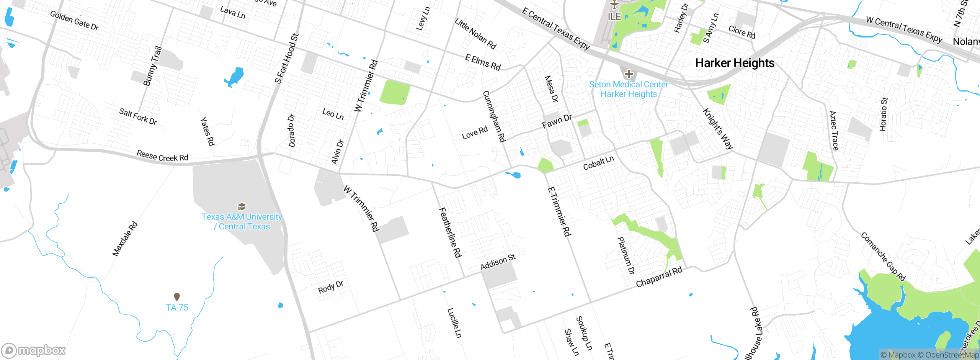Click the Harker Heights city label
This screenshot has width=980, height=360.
[x=735, y=63]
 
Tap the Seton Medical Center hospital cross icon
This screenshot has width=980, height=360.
[x=629, y=74]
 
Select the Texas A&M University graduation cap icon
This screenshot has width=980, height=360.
[x=242, y=207]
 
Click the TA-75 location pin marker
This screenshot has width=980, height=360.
[x=177, y=297]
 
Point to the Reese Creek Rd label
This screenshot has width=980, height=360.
[x=162, y=156]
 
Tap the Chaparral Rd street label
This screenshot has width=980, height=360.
[x=659, y=277]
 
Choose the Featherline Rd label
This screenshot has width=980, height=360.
[x=450, y=232]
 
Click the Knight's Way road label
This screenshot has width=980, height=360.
[x=718, y=129]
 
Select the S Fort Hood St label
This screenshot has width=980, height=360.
[x=286, y=59]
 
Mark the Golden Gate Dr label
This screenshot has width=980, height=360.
[x=74, y=21]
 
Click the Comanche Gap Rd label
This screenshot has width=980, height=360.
[x=883, y=257]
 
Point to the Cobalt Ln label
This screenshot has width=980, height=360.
[x=598, y=163]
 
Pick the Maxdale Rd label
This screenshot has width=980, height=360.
[x=125, y=239]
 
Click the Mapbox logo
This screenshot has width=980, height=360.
[x=34, y=350]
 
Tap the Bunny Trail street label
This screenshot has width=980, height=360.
[x=152, y=66]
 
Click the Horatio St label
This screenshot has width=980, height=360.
[x=884, y=114]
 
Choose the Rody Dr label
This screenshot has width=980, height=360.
[x=331, y=287]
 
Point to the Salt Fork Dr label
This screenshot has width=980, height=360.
[x=138, y=116]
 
